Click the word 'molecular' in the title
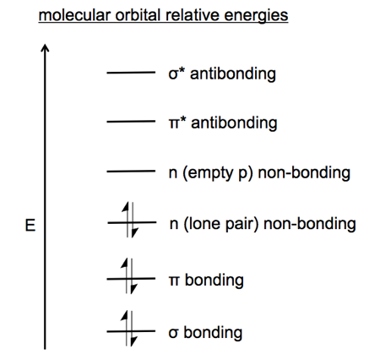74,14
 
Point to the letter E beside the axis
30,226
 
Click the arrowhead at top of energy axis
45,47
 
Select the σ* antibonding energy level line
131,73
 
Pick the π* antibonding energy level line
131,122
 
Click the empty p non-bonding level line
131,171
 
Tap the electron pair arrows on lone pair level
130,220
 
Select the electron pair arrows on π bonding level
129,276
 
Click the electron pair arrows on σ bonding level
129,329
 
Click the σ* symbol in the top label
176,74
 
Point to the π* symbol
177,123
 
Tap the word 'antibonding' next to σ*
233,74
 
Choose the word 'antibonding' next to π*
234,123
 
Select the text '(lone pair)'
221,224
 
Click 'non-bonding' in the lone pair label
310,224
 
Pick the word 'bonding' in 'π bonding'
214,281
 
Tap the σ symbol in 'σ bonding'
173,333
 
